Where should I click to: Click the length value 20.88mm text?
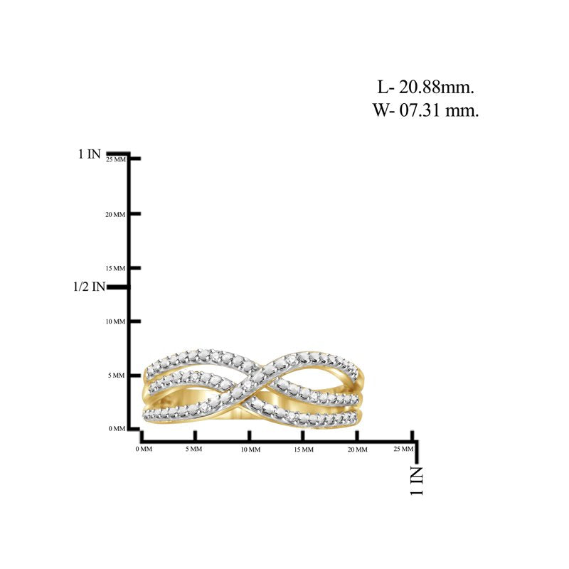coord(437,87)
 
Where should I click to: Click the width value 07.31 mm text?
coord(439,110)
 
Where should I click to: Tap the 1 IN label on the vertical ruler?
coord(90,154)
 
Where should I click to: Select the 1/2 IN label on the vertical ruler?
coord(89,287)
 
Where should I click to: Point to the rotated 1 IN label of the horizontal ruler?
coord(417,481)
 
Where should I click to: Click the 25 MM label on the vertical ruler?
coord(116,159)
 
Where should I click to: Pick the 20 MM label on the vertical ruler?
coord(115,215)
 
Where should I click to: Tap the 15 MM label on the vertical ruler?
coord(115,269)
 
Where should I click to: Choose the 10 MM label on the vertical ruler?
coord(115,321)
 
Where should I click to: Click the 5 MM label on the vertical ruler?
coord(116,376)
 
